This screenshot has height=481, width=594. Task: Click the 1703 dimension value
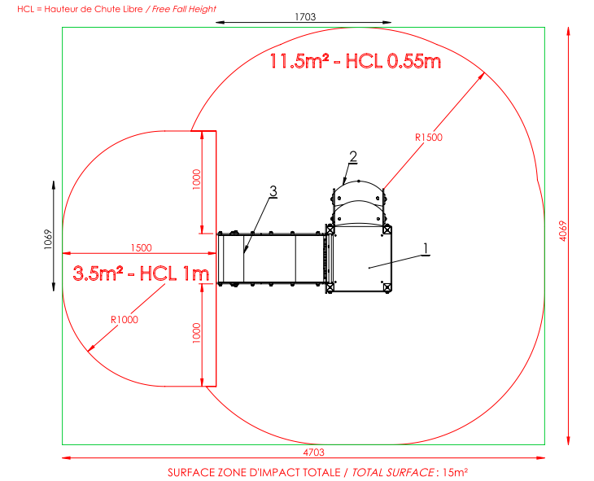point(305,16)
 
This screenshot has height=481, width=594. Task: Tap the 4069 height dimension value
point(563,231)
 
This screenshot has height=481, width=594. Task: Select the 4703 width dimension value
point(313,453)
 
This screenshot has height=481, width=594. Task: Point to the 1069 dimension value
point(48,239)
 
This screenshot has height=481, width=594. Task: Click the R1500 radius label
point(429,138)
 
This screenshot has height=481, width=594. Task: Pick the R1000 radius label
point(124,320)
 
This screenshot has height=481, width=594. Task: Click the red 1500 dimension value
point(142,248)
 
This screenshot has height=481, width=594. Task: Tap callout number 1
point(426,249)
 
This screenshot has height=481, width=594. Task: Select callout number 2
point(353,156)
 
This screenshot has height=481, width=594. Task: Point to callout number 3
point(273,191)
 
